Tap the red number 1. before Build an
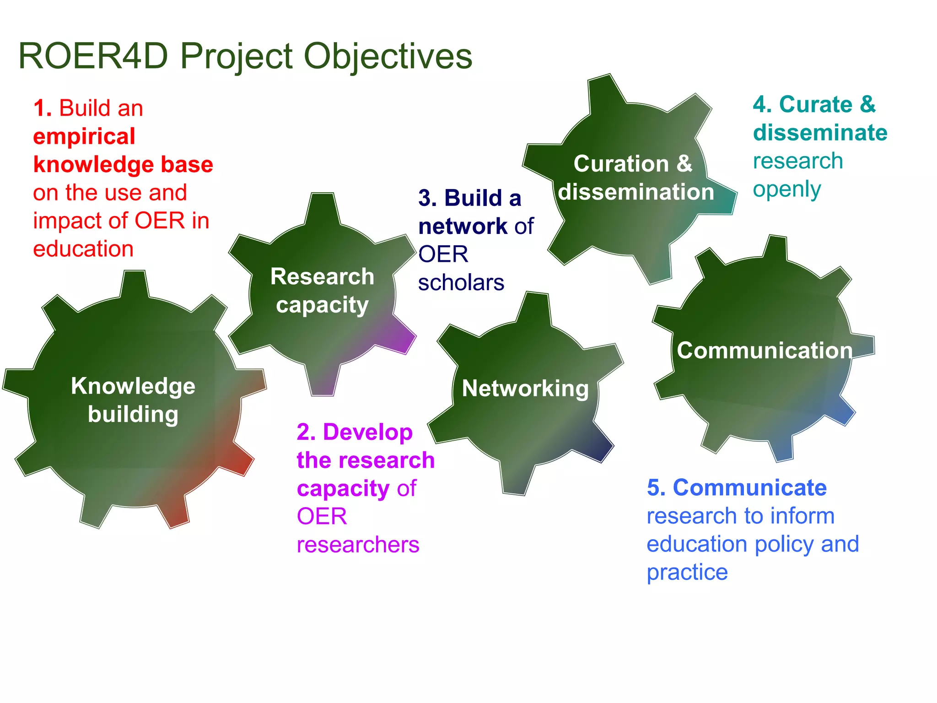[42, 109]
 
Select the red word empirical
[84, 136]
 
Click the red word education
[83, 249]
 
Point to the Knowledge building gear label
[133, 400]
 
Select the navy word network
[463, 226]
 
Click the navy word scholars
[461, 282]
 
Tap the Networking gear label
[525, 389]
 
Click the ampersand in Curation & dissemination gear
[684, 163]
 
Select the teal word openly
[787, 189]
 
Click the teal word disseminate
[820, 133]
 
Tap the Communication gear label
[765, 351]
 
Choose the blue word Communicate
[750, 487]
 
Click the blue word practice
[687, 572]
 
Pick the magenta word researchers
[358, 545]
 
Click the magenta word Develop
[367, 432]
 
